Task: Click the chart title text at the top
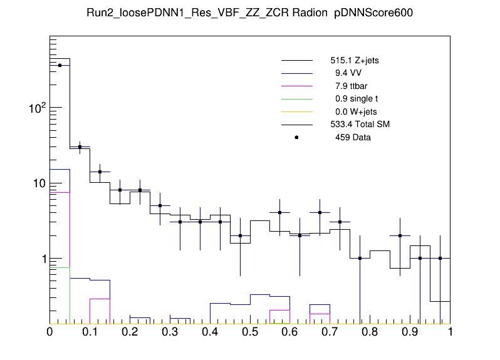250,13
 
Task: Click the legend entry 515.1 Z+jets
354,61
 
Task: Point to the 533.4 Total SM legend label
360,125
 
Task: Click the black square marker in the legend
296,137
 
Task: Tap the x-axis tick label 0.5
250,332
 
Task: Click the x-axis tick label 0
50,332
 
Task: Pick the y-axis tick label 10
37,183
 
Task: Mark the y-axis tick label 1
41,259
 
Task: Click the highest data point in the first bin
60,65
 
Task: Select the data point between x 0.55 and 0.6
280,213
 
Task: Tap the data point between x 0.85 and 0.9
400,236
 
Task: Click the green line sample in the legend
296,99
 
